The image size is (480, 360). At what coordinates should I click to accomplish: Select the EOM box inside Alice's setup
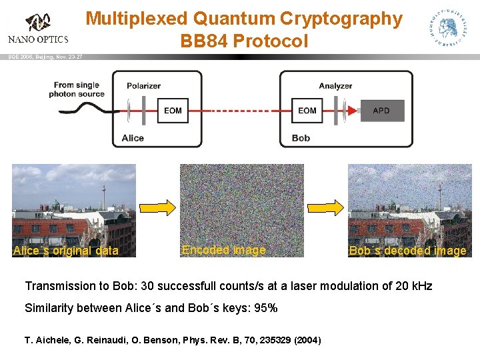click(173, 111)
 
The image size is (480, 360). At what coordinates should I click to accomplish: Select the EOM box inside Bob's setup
click(307, 111)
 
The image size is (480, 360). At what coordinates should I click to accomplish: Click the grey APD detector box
click(381, 111)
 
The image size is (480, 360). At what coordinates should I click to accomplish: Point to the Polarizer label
click(145, 86)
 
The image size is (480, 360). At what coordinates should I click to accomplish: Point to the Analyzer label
click(335, 86)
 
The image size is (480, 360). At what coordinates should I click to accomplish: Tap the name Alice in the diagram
click(133, 138)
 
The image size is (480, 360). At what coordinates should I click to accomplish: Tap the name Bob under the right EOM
click(301, 138)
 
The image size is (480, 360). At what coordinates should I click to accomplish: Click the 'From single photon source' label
click(77, 89)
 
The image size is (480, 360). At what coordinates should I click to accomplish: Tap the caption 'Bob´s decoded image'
click(407, 251)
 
